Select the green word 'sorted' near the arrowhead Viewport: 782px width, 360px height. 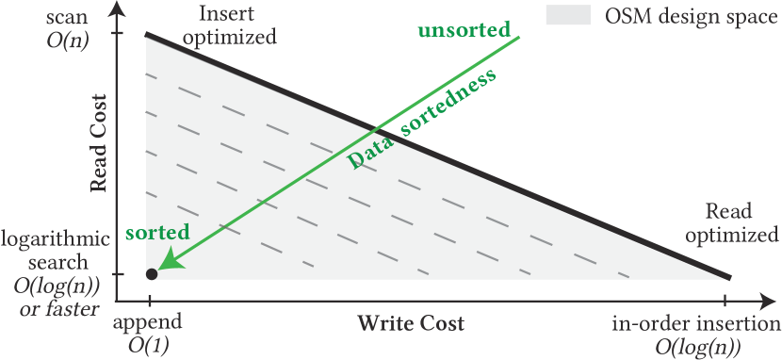[x=156, y=232]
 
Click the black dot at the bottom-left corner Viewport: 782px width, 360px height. [x=151, y=274]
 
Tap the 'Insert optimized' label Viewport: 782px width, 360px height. [x=230, y=26]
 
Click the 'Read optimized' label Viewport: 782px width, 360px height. [x=728, y=222]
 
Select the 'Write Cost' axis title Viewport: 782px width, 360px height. [x=410, y=323]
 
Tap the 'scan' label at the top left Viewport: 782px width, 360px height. [x=66, y=18]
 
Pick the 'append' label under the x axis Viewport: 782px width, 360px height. [x=147, y=322]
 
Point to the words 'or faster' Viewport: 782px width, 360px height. [x=57, y=308]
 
